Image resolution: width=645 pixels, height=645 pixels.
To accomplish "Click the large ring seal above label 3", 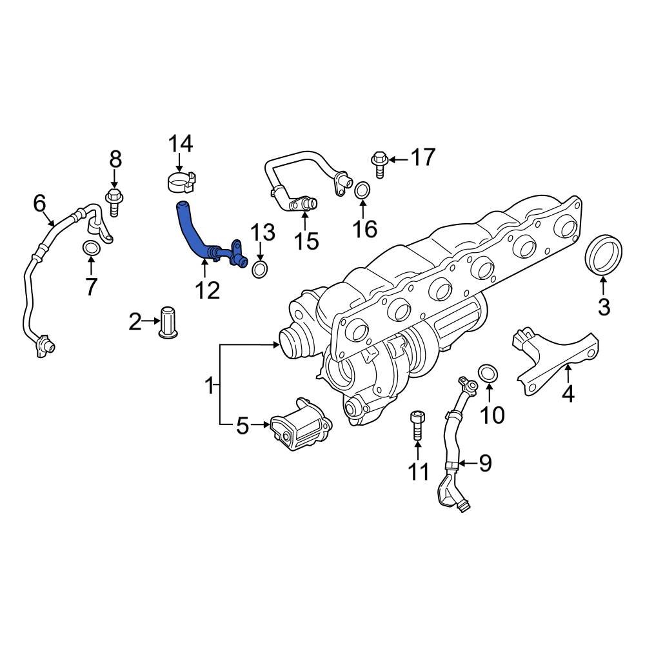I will [604, 255].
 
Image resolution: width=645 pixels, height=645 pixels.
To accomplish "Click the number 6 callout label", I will [40, 204].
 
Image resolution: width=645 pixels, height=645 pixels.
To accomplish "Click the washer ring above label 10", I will [489, 373].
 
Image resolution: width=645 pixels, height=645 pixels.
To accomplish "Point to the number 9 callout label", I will [485, 462].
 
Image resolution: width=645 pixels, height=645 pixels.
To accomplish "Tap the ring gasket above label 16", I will [362, 191].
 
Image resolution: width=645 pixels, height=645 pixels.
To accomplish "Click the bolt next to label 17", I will [379, 163].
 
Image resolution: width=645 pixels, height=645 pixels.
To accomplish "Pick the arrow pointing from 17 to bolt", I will [399, 158].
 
